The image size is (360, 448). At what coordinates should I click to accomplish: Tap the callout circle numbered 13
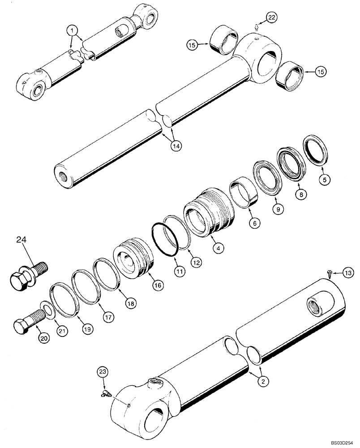pos(348,272)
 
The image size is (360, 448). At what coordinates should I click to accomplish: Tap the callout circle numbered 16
pos(158,285)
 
